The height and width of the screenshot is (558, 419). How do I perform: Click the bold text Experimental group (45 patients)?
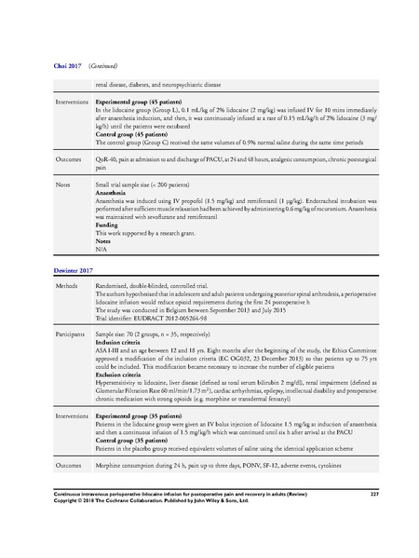pyautogui.click(x=138, y=100)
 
